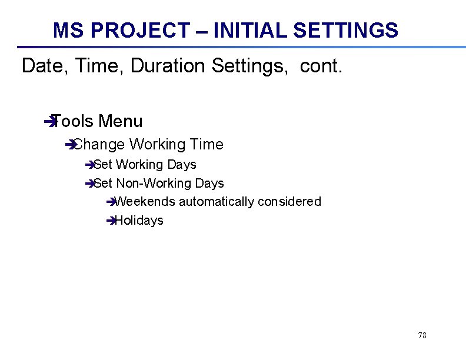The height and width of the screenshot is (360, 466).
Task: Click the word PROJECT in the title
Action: pos(141,30)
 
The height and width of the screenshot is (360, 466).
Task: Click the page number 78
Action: pos(422,335)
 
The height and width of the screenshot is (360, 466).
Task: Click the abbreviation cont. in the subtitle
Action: pos(321,66)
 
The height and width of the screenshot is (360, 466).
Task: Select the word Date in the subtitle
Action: pos(41,66)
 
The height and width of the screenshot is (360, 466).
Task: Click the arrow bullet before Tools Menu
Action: pos(48,122)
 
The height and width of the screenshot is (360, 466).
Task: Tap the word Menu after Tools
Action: pos(121,122)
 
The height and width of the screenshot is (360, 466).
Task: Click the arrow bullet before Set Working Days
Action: pos(89,165)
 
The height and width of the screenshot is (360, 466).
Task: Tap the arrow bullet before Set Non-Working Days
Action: pos(89,184)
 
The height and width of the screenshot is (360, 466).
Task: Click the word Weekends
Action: pos(145,202)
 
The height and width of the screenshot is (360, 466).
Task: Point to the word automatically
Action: pos(217,202)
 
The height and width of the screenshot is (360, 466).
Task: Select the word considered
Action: pos(289,202)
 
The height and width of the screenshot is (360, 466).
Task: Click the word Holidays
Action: pos(139,221)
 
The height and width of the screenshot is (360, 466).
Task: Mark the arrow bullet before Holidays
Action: pos(111,221)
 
